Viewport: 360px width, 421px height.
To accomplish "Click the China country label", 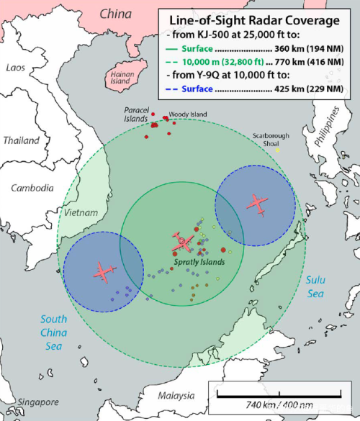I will pos(116,14).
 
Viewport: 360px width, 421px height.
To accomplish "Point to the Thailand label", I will pos(21,140).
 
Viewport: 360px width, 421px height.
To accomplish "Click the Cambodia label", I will pos(32,188).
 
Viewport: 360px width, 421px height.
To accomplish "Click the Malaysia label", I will pos(176,396).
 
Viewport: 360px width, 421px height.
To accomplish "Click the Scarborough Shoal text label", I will pos(271,138).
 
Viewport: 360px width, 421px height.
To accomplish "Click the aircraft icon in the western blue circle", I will pos(103,271).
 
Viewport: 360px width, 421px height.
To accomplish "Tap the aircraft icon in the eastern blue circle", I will pos(256,204).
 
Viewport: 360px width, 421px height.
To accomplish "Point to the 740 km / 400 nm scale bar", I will pos(280,395).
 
